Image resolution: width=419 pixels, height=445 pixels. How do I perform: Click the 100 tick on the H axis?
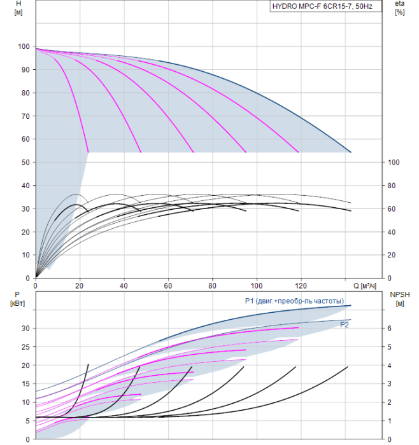[x=24, y=46]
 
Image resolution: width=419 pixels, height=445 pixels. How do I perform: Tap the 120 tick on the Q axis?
[x=301, y=286]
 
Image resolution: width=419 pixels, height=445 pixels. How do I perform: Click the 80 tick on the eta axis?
[x=394, y=186]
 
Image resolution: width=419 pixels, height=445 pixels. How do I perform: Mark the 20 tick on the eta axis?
[x=394, y=255]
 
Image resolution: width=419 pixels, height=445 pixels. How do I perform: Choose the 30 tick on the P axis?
[x=25, y=328]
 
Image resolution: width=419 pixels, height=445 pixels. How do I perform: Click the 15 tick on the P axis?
[x=25, y=384]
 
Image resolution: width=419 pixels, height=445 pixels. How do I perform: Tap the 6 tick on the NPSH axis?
[x=391, y=328]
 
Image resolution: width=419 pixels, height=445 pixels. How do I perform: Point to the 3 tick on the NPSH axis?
[x=391, y=384]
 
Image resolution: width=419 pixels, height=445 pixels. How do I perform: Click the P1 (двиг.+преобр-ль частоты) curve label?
[x=294, y=301]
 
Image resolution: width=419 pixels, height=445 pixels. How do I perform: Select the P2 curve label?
[x=344, y=325]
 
